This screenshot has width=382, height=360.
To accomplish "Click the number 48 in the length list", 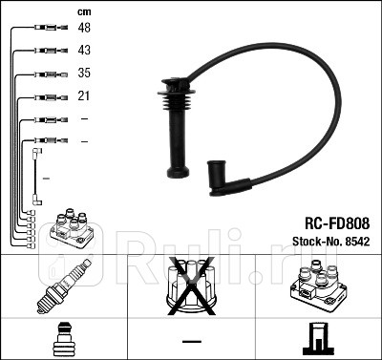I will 85,28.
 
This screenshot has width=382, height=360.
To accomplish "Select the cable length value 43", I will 85,51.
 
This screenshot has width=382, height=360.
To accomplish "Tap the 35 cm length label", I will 85,74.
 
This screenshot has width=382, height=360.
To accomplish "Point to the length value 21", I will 84,96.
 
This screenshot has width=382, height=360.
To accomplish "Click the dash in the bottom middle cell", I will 191,340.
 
